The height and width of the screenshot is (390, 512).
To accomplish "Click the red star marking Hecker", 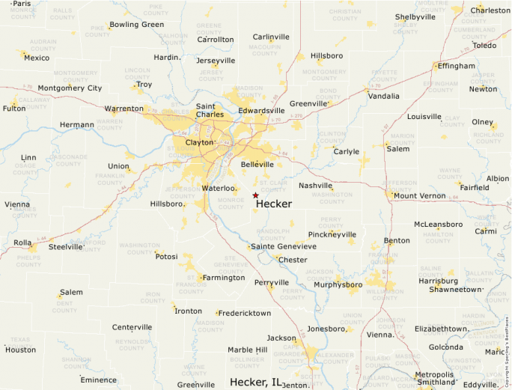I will [255, 195].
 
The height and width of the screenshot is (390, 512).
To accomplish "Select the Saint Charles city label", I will [210, 111].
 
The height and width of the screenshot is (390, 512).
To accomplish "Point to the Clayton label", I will [199, 141].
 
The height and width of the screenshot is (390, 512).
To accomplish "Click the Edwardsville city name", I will [262, 111].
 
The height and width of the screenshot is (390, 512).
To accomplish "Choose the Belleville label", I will [257, 164].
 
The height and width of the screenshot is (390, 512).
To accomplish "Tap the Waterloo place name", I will [219, 188].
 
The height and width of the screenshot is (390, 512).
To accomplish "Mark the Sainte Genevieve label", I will [283, 246].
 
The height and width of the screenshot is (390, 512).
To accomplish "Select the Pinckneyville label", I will [332, 234].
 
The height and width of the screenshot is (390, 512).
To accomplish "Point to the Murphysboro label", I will [338, 284].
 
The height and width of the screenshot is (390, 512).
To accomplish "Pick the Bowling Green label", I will [136, 25].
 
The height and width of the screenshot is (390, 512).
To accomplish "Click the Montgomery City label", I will [70, 88].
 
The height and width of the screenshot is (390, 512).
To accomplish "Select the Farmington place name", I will [224, 278].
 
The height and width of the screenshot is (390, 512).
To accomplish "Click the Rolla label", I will [22, 243].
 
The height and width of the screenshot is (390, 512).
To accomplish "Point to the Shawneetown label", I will [460, 289].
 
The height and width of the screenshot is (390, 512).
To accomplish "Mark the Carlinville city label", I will [271, 37].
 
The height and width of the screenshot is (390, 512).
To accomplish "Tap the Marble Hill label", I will [247, 350].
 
